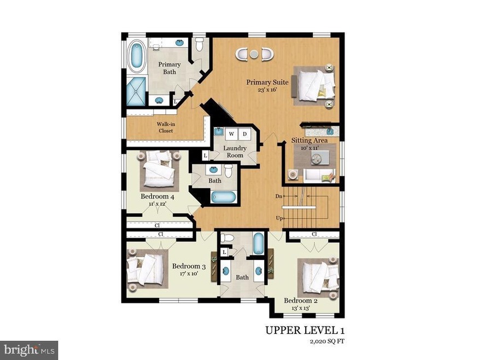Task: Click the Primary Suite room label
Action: pyautogui.click(x=267, y=82)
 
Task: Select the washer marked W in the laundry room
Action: pyautogui.click(x=231, y=134)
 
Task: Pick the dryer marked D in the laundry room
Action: pyautogui.click(x=244, y=134)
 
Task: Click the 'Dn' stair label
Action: pyautogui.click(x=279, y=196)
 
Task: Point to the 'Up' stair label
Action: pyautogui.click(x=279, y=218)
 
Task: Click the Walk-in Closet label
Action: pyautogui.click(x=166, y=127)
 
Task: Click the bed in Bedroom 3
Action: pyautogui.click(x=145, y=270)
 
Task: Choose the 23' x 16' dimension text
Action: pyautogui.click(x=267, y=90)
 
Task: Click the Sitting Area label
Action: pyautogui.click(x=309, y=141)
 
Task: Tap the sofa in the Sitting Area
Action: pyautogui.click(x=319, y=176)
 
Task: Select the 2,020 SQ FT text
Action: pyautogui.click(x=327, y=341)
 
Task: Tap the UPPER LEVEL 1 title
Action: pyautogui.click(x=305, y=330)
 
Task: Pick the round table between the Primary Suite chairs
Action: pyautogui.click(x=254, y=54)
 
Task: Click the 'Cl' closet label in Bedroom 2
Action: pyautogui.click(x=314, y=234)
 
